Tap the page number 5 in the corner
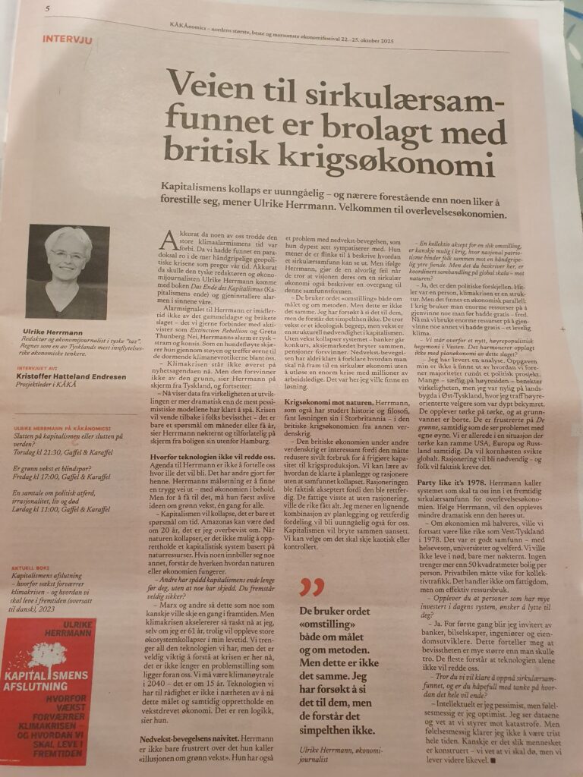coord(47,8)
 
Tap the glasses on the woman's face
coord(67,255)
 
